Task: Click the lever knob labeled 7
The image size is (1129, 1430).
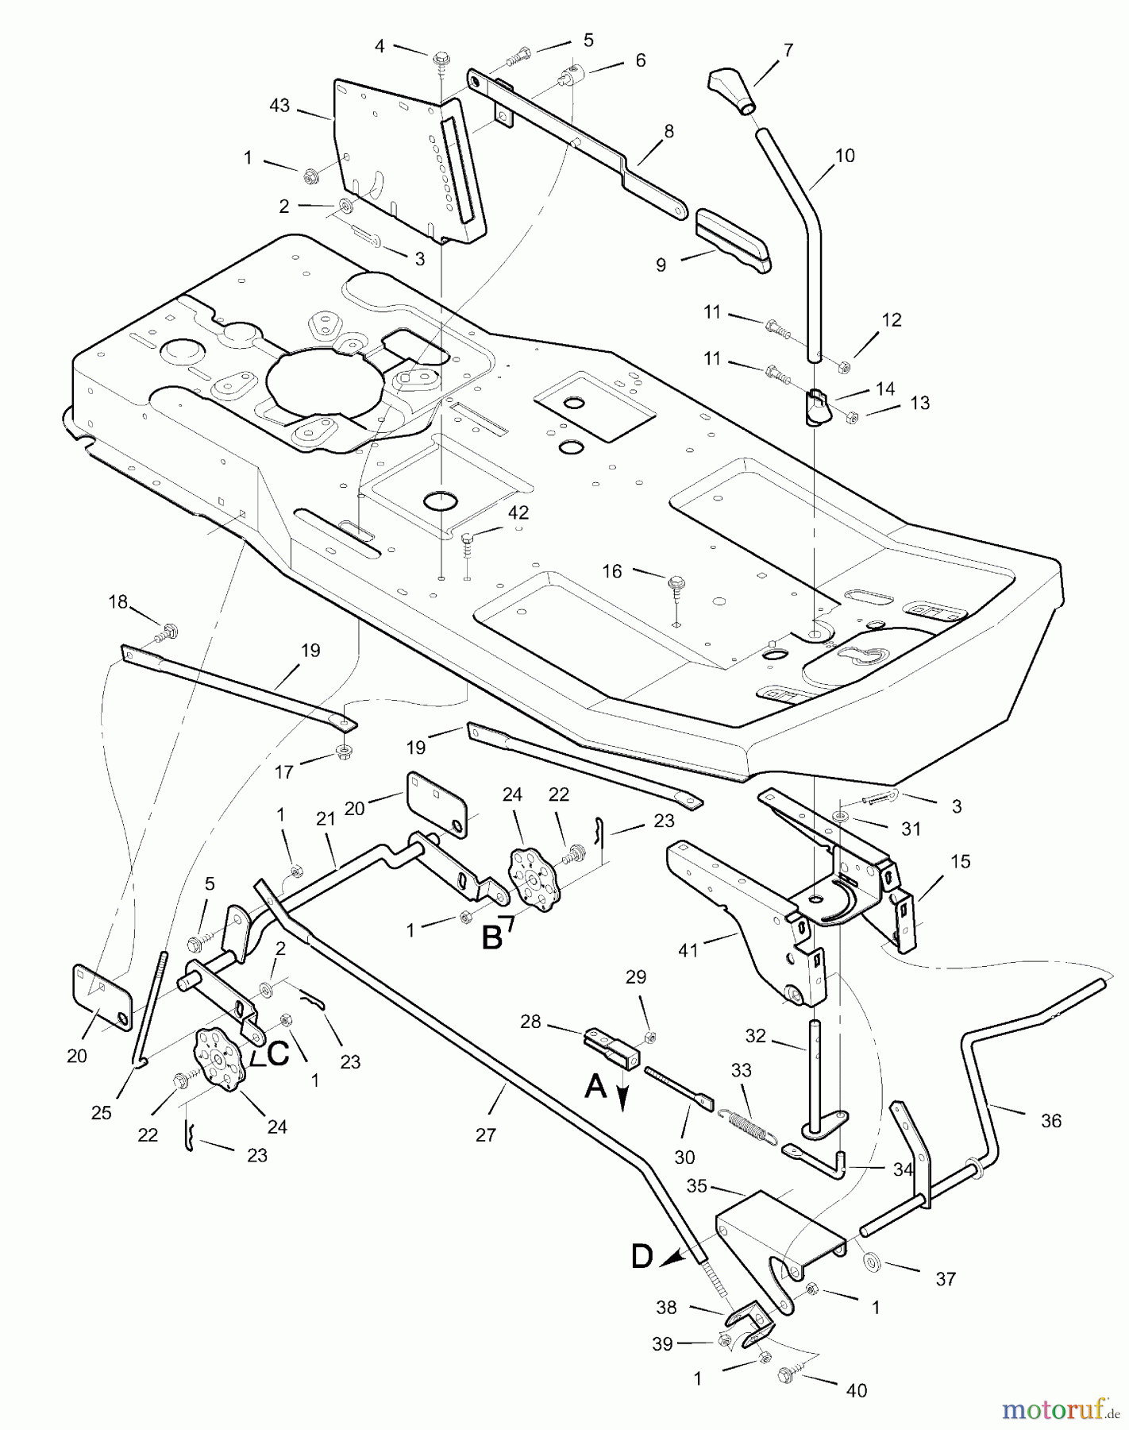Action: [x=731, y=90]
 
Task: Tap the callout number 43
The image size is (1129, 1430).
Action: [x=279, y=106]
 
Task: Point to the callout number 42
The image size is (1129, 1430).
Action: [x=518, y=512]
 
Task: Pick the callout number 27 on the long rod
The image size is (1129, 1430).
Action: [x=485, y=1135]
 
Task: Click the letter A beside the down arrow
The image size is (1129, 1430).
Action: [x=595, y=1086]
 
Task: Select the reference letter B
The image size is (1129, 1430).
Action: [x=492, y=937]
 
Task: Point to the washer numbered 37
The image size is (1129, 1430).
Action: [x=876, y=1261]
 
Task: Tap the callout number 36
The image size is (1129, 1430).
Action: [x=1050, y=1121]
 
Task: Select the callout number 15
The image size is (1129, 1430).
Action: [x=961, y=861]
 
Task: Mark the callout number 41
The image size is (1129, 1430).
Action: [x=688, y=949]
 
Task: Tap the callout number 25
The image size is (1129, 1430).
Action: [x=101, y=1112]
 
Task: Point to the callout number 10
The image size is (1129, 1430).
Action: [x=845, y=156]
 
